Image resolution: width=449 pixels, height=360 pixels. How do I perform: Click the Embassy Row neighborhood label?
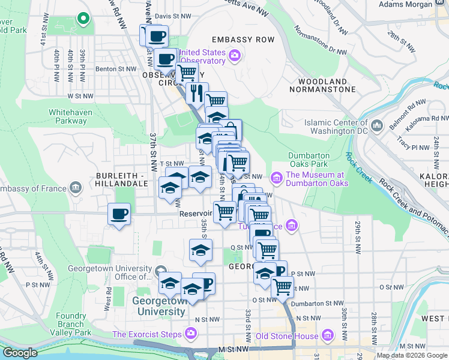[243, 40]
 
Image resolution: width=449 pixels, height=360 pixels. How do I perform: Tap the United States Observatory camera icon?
[234, 56]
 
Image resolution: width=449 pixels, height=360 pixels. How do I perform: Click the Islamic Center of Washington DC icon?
[377, 126]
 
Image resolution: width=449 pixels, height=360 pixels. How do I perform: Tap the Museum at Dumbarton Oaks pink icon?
[276, 176]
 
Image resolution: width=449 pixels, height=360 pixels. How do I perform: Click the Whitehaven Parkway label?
[68, 116]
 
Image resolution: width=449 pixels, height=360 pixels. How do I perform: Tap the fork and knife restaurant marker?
[196, 92]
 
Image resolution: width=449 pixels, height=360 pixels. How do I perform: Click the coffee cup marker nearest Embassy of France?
[119, 214]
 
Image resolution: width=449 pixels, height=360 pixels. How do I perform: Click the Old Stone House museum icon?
[328, 335]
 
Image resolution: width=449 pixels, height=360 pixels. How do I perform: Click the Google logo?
[20, 353]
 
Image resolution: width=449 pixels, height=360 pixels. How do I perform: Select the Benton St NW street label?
[113, 69]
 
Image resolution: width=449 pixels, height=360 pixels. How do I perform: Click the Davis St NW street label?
[173, 16]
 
